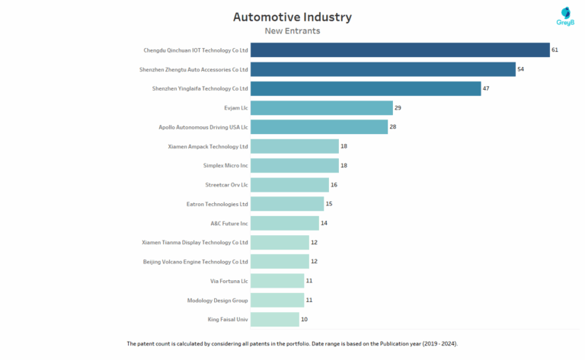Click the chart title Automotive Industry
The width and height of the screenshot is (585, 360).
pyautogui.click(x=292, y=17)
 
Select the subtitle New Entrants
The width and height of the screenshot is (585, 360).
pyautogui.click(x=292, y=31)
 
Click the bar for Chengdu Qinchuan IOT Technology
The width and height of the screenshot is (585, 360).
pyautogui.click(x=400, y=50)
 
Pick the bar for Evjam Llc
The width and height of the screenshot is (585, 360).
pyautogui.click(x=321, y=108)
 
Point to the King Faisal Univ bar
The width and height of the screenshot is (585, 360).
pyautogui.click(x=274, y=320)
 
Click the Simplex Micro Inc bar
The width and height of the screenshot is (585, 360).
pyautogui.click(x=294, y=165)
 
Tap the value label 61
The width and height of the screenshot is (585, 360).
pyautogui.click(x=555, y=50)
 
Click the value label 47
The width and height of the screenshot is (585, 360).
pyautogui.click(x=487, y=89)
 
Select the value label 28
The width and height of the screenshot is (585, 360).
pyautogui.click(x=393, y=127)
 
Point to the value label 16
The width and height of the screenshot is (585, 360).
pyautogui.click(x=334, y=185)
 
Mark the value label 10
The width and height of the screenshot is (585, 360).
pyautogui.click(x=304, y=320)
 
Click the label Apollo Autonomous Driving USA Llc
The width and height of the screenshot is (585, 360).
pyautogui.click(x=203, y=127)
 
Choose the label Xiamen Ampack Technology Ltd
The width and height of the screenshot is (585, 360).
pyautogui.click(x=208, y=146)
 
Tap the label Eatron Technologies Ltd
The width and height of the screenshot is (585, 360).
pyautogui.click(x=217, y=204)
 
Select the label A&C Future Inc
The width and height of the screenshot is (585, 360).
pyautogui.click(x=229, y=223)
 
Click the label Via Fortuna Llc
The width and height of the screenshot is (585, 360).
pyautogui.click(x=229, y=281)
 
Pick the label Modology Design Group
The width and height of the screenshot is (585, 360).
pyautogui.click(x=217, y=300)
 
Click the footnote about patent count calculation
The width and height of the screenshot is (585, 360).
pyautogui.click(x=292, y=344)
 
